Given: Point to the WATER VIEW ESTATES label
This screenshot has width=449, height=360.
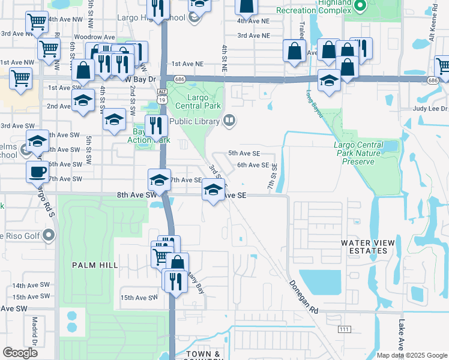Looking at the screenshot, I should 368,247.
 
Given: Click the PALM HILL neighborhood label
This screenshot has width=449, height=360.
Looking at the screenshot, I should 92,265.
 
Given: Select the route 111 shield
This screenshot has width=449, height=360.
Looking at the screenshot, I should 343,329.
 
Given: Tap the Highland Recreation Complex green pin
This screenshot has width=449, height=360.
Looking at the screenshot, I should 360,7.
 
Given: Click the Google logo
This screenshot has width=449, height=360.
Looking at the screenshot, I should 20,353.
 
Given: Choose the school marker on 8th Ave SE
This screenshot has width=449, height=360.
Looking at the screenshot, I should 212,190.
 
